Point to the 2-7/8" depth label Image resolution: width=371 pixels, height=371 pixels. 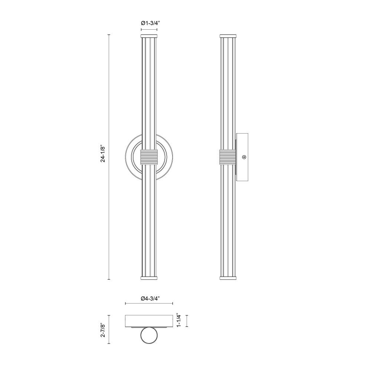coord(103,329)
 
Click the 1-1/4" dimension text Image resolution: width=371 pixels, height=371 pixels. coord(179,321)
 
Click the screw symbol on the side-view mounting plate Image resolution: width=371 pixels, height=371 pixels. coord(244,157)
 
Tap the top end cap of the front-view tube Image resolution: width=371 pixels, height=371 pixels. coord(149,36)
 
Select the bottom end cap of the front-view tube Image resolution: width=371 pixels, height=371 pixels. coord(149,278)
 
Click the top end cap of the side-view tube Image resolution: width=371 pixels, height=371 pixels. coord(228,36)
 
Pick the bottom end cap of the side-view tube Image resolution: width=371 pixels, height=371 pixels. coord(228,278)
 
